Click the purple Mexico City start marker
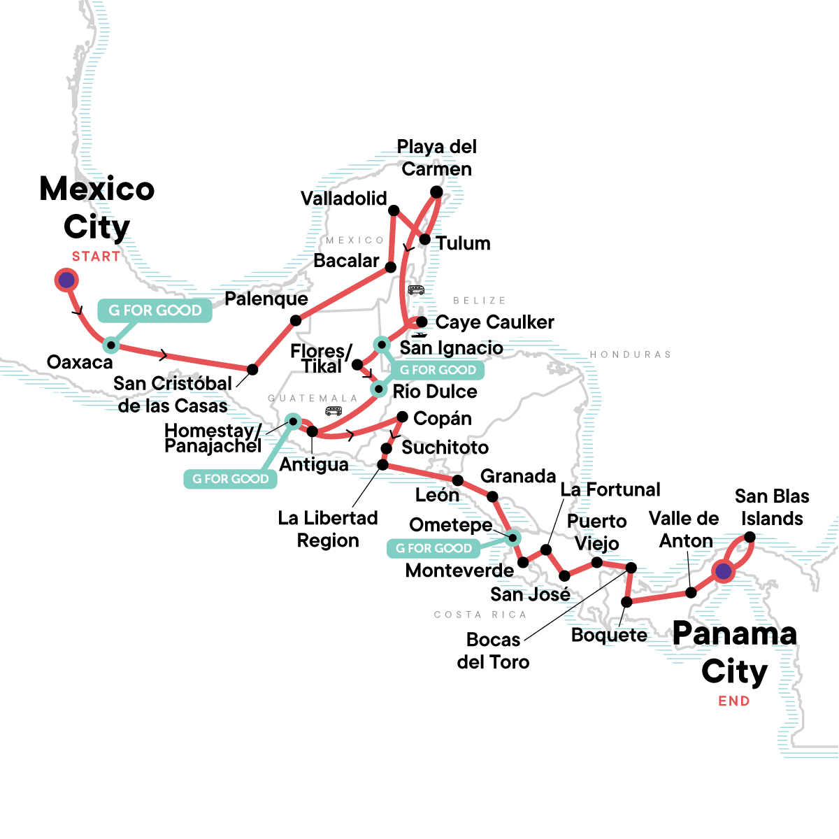pyautogui.click(x=66, y=280)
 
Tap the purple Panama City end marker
pyautogui.click(x=723, y=571)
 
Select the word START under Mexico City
pyautogui.click(x=96, y=257)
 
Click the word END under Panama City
pyautogui.click(x=733, y=701)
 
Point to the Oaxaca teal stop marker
pyautogui.click(x=110, y=344)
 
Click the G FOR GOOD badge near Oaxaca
pyautogui.click(x=155, y=310)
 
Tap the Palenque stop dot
pyautogui.click(x=296, y=321)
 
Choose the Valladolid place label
pyautogui.click(x=343, y=199)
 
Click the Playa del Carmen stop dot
pyautogui.click(x=436, y=192)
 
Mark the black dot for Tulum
pyautogui.click(x=424, y=239)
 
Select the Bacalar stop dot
pyautogui.click(x=391, y=267)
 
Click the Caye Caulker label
pyautogui.click(x=494, y=322)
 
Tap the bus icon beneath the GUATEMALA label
pyautogui.click(x=334, y=410)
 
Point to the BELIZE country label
pyautogui.click(x=479, y=301)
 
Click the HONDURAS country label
pyautogui.click(x=630, y=354)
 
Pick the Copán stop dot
pyautogui.click(x=402, y=417)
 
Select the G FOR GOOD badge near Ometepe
pyautogui.click(x=433, y=548)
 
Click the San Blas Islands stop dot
pyautogui.click(x=750, y=537)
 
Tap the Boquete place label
pyautogui.click(x=609, y=635)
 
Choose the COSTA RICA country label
pyautogui.click(x=480, y=615)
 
